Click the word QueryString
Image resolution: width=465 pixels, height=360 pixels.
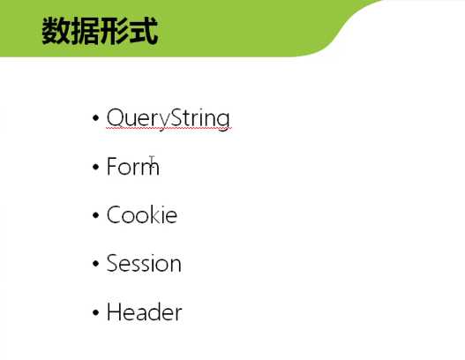pyautogui.click(x=168, y=118)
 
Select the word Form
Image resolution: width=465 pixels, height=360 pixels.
pyautogui.click(x=131, y=167)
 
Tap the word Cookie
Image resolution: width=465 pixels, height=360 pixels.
pyautogui.click(x=141, y=215)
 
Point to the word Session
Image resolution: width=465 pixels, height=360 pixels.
pyautogui.click(x=143, y=264)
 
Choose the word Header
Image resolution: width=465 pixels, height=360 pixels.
pyautogui.click(x=144, y=312)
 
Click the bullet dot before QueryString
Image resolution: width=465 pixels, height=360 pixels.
pyautogui.click(x=95, y=118)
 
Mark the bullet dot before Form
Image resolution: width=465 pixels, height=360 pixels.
pyautogui.click(x=95, y=167)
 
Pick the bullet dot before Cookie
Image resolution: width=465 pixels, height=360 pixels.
pyautogui.click(x=95, y=215)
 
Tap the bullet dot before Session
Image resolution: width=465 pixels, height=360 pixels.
pyautogui.click(x=95, y=264)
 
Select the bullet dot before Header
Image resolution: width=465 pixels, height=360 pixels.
pyautogui.click(x=95, y=312)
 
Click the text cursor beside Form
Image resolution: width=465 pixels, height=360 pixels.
pyautogui.click(x=153, y=163)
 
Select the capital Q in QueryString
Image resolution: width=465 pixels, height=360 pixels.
pyautogui.click(x=115, y=118)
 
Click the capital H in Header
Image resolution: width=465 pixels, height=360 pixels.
pyautogui.click(x=114, y=312)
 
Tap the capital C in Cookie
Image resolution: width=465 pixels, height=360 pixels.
pyautogui.click(x=114, y=215)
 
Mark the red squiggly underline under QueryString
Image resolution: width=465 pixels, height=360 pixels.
pyautogui.click(x=168, y=130)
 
